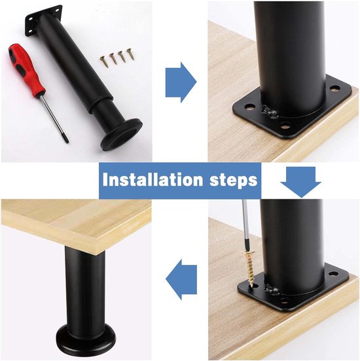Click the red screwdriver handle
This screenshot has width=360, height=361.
click(26, 69)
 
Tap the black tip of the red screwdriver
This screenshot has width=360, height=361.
click(66, 139)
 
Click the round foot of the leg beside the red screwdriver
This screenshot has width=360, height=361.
click(122, 135)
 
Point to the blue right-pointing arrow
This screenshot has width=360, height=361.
click(181, 82)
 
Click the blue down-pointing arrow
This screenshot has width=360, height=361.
click(301, 182)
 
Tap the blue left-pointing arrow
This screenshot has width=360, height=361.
click(181, 279)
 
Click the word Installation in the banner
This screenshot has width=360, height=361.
click(153, 180)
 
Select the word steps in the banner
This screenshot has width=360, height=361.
click(233, 180)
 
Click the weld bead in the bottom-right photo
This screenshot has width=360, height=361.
click(272, 290)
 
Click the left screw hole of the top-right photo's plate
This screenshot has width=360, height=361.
click(248, 107)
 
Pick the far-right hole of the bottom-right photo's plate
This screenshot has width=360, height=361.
click(333, 273)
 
